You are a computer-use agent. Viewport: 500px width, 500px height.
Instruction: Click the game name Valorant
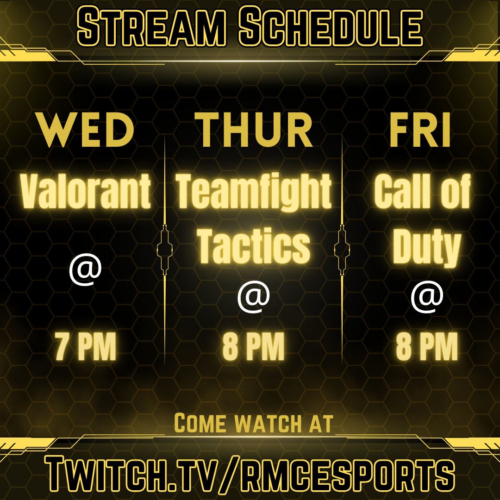coord(86,192)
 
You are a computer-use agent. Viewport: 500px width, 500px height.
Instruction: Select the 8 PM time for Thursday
coord(253,349)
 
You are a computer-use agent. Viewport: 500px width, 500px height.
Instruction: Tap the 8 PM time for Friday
coord(427,349)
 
